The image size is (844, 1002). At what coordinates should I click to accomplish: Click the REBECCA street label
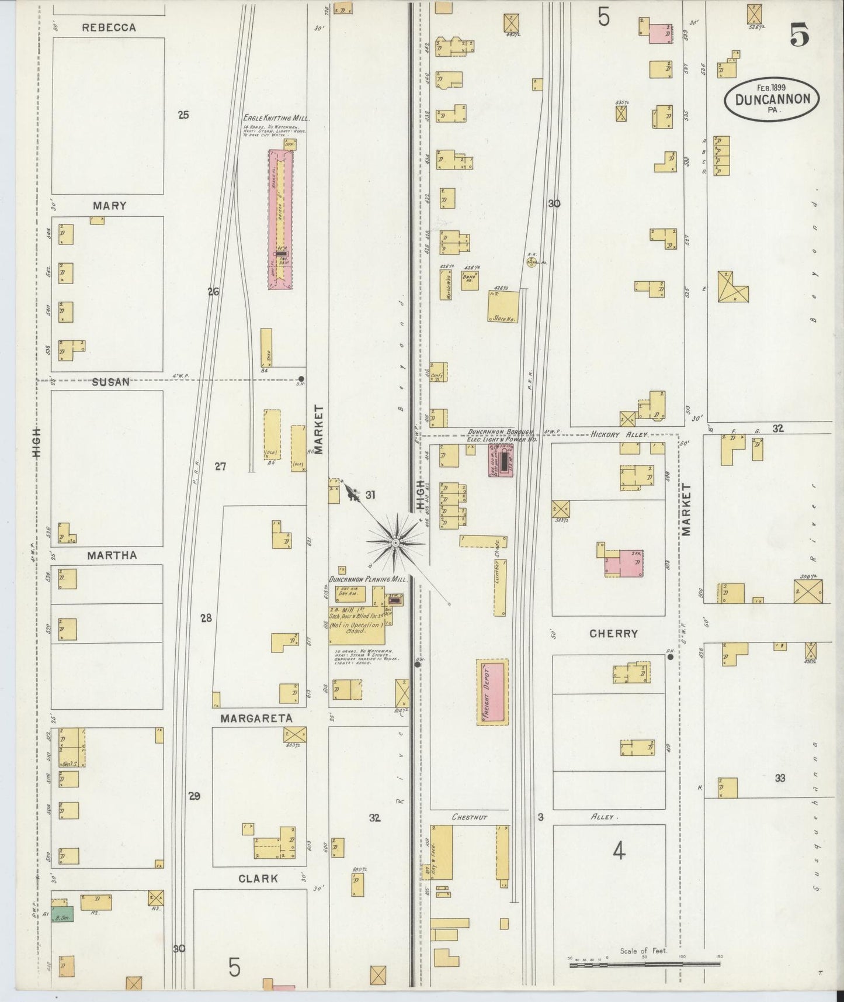point(109,27)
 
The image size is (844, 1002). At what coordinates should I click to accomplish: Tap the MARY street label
point(109,206)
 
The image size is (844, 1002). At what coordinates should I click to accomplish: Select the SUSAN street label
point(110,382)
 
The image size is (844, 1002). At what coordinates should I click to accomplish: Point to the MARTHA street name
point(112,555)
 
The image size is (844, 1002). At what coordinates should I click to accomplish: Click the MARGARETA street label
point(256,718)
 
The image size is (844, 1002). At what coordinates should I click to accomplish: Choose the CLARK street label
point(258,878)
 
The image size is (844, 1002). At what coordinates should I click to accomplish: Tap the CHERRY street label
point(613,634)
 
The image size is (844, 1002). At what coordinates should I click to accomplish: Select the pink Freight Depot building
point(492,693)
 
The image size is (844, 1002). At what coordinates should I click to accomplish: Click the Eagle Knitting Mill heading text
point(276,118)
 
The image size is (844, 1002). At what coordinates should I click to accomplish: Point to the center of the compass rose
point(396,543)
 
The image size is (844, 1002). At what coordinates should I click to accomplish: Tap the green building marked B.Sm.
point(62,918)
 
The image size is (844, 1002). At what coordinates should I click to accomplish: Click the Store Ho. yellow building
point(503,306)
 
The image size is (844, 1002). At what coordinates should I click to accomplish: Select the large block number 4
point(619,852)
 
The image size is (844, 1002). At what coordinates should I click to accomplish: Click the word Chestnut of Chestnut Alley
point(469,817)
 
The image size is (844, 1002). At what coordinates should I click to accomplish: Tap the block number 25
point(183,115)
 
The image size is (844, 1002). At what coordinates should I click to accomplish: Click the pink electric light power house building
point(501,460)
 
